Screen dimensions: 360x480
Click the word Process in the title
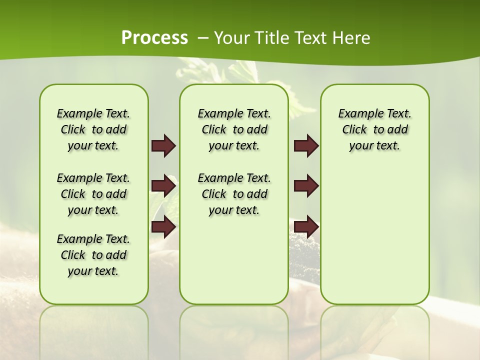tap(154, 37)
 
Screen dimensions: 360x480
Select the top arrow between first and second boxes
tap(163, 145)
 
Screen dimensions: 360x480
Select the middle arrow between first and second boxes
tap(163, 186)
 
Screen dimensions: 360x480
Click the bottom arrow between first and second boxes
tap(163, 227)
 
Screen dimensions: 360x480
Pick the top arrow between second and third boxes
tap(306, 145)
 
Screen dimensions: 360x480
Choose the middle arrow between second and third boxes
tap(306, 186)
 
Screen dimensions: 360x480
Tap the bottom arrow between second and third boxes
tap(306, 226)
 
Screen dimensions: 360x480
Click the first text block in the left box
tap(93, 129)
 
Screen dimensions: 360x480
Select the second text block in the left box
tap(93, 194)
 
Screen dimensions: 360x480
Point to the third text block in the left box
tap(93, 255)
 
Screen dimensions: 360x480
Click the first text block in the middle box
tap(234, 129)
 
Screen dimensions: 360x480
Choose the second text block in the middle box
tap(234, 194)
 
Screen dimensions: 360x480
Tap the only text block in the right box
tap(375, 129)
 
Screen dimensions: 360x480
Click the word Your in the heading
tap(231, 38)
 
